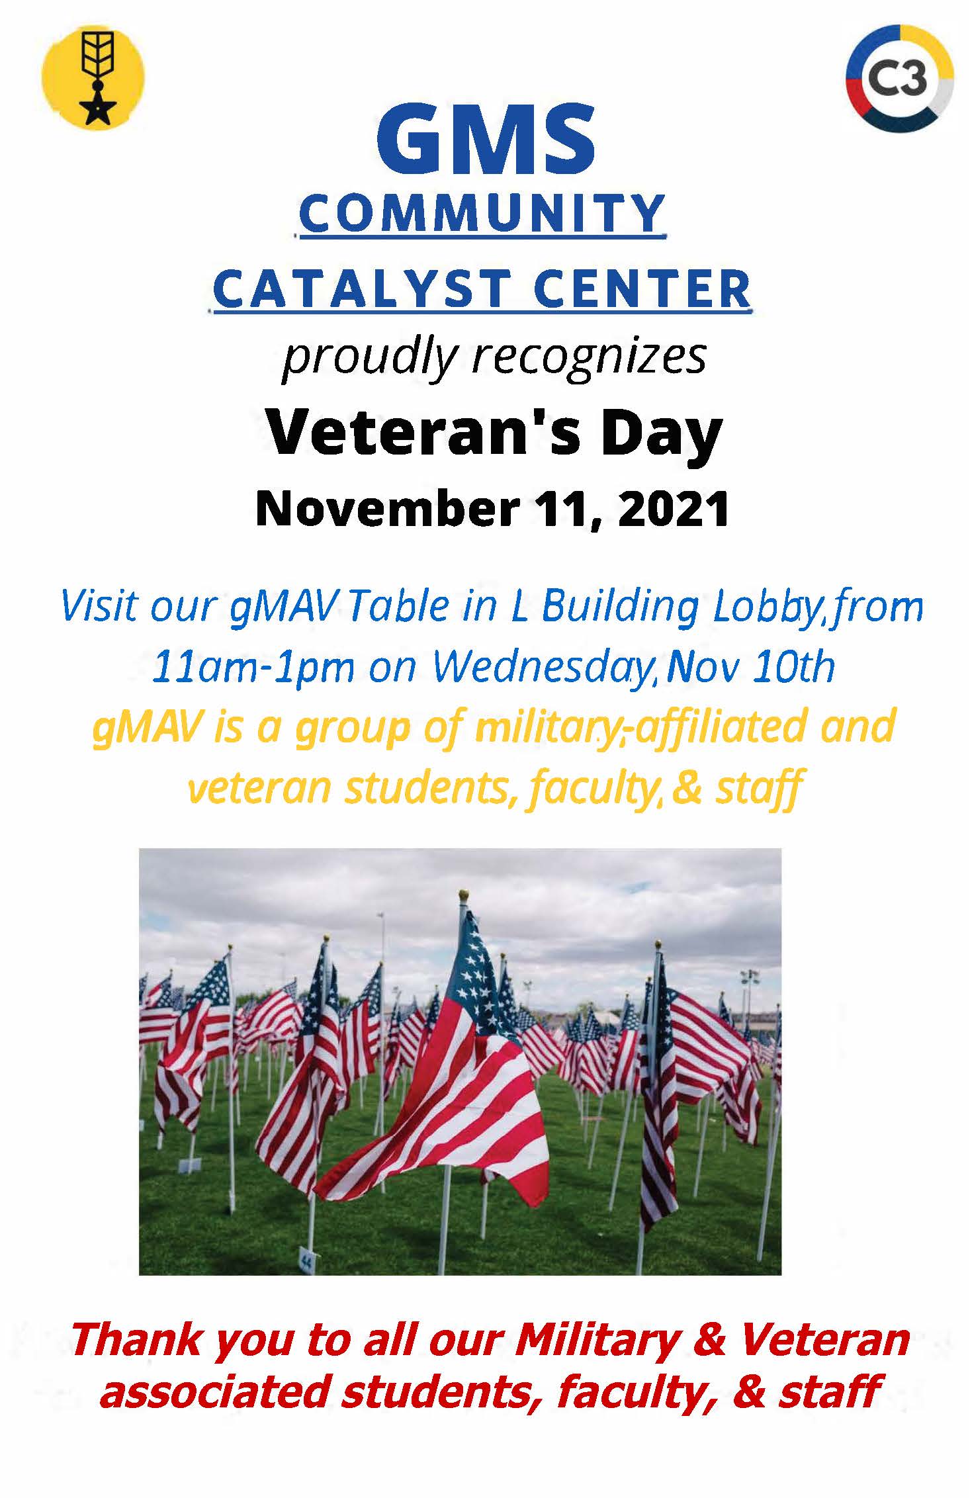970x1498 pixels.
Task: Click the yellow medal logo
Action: (93, 79)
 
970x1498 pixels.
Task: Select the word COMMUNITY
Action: (482, 213)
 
